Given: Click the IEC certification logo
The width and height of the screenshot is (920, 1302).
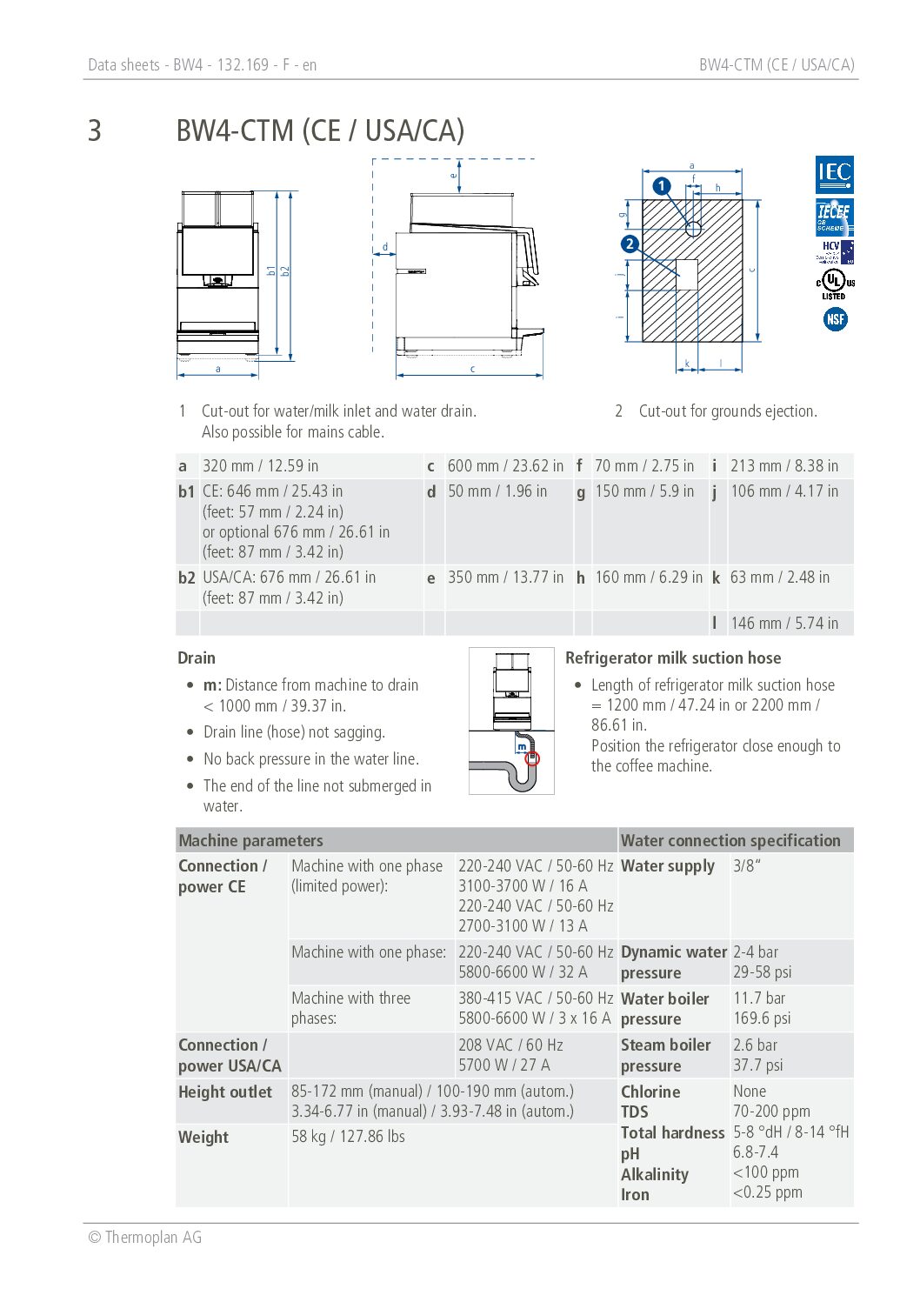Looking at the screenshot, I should coord(834,175).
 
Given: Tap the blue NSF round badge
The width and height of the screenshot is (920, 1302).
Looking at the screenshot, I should coord(835,319).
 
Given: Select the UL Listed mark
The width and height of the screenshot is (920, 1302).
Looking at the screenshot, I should coord(834,282).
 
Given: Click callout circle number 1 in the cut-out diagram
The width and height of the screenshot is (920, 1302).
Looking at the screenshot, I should coord(662,185).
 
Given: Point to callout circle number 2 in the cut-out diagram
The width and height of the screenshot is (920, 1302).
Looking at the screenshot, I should coord(630,244).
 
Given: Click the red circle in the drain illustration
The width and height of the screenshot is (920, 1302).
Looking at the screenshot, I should coord(533,758).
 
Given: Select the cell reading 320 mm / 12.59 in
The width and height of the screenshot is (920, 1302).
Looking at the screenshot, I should coord(260,466).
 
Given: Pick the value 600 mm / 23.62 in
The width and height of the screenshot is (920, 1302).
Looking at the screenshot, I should coord(505,466).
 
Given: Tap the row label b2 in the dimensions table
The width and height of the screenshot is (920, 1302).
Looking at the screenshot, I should coord(186,578).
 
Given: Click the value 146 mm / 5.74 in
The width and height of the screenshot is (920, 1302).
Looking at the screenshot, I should coord(784,623).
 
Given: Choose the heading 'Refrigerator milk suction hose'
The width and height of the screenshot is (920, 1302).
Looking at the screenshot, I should coord(673,658).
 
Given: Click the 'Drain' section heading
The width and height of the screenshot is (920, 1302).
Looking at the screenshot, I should coord(197,658).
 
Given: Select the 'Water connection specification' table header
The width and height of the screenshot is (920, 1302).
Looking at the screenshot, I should coord(730,841).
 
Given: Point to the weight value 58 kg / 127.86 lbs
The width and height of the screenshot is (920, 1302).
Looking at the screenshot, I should coord(348,1137).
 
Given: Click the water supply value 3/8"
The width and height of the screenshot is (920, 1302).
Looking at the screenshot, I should coord(747,866).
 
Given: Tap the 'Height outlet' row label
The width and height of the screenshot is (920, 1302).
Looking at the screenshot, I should coord(225,1092).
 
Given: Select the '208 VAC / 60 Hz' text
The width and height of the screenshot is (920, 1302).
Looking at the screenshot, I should coord(510,1045).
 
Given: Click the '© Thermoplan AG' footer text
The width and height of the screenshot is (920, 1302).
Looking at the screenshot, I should coord(145,1238).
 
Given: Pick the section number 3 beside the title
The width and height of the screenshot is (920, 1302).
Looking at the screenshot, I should coord(95,131).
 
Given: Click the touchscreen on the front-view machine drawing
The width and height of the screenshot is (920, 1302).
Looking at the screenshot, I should coord(217,250).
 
